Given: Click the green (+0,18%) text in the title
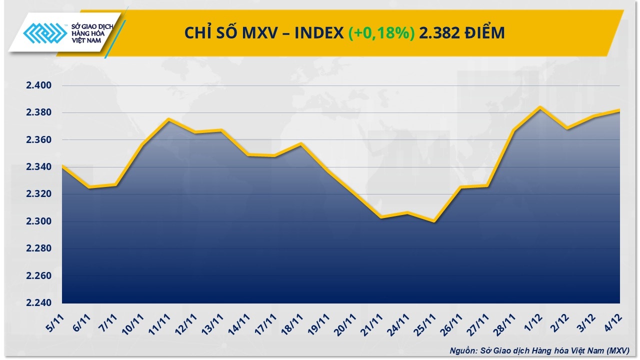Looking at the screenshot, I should (381, 33).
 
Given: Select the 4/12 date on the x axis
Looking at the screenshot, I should (612, 320).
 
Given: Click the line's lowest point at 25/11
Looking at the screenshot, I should (434, 221).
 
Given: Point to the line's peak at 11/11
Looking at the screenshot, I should (168, 119).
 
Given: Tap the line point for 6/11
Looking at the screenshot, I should (88, 187).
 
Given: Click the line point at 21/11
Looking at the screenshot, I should (381, 217).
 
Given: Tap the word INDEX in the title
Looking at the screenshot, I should (318, 33).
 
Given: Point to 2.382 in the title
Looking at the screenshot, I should (435, 33).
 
